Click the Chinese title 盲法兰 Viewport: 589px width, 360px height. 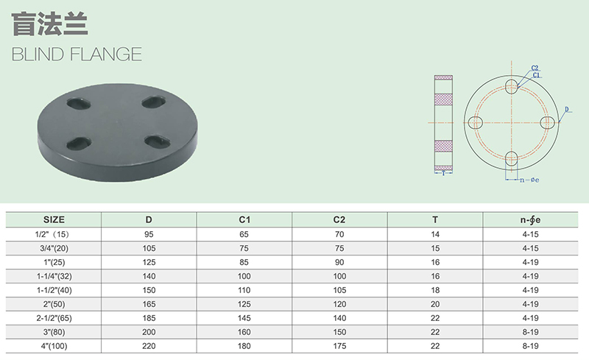pos(50,24)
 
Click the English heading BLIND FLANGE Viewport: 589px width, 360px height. pos(77,54)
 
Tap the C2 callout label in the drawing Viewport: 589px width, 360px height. pos(535,68)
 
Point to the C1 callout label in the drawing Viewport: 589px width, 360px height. pos(536,75)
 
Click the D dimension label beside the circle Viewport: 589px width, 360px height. pos(567,110)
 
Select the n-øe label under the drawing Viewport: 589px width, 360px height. pos(529,180)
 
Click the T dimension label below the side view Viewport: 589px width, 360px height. pos(443,173)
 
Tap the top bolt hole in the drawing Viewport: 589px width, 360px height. pos(511,86)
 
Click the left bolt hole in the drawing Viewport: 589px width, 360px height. pos(476,122)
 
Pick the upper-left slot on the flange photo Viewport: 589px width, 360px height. pos(79,103)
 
